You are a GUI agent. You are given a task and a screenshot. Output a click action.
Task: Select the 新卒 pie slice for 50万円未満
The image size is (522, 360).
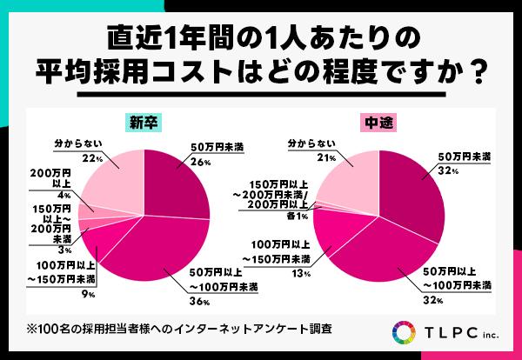point(179,183)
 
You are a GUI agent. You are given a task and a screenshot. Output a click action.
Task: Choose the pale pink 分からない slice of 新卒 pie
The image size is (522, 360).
point(113,183)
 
